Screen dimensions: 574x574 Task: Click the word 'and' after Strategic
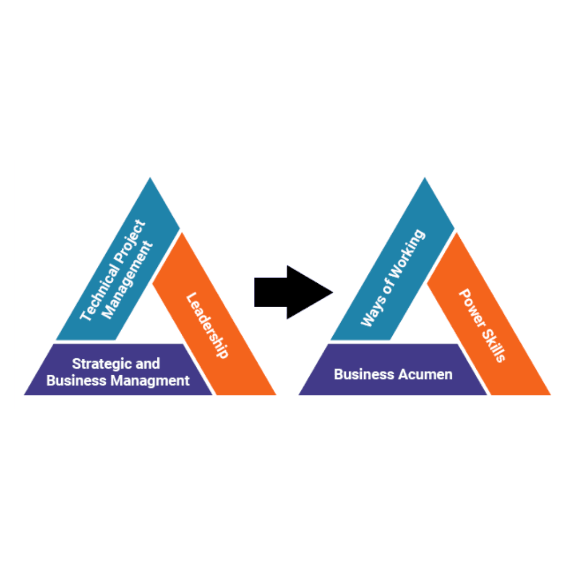tap(148, 364)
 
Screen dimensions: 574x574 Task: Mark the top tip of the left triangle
tap(150, 179)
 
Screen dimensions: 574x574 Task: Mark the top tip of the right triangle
tap(425, 179)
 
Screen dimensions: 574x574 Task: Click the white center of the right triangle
tap(423, 314)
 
